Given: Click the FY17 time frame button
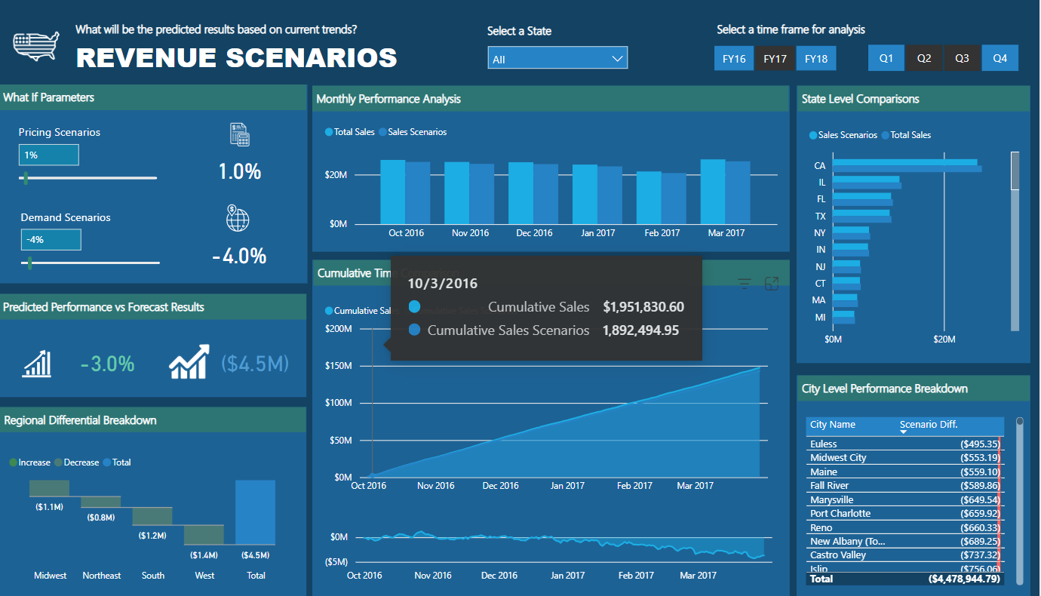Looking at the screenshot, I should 775,58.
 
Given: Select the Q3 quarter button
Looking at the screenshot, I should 962,58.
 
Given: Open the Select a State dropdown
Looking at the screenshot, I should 557,58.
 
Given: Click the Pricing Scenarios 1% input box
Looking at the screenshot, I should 48,155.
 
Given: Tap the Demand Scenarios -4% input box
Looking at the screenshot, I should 51,240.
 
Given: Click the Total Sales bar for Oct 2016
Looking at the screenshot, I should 392,192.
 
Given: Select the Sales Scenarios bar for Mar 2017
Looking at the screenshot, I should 738,192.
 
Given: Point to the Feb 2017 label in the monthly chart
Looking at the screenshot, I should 662,233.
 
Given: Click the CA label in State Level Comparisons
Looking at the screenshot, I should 820,165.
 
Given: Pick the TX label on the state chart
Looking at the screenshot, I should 820,217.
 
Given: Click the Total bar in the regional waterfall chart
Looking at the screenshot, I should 255,512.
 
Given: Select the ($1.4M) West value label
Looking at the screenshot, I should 204,555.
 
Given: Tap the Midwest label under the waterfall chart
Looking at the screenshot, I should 51,576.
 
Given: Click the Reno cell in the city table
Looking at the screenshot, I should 822,527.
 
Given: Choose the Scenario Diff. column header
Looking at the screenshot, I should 929,425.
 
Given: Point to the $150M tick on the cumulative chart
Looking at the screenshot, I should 338,366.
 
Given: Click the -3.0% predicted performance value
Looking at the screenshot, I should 107,364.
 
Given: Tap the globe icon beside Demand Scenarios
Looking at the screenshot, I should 238,219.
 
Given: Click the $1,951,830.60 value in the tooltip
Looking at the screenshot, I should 643,307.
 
